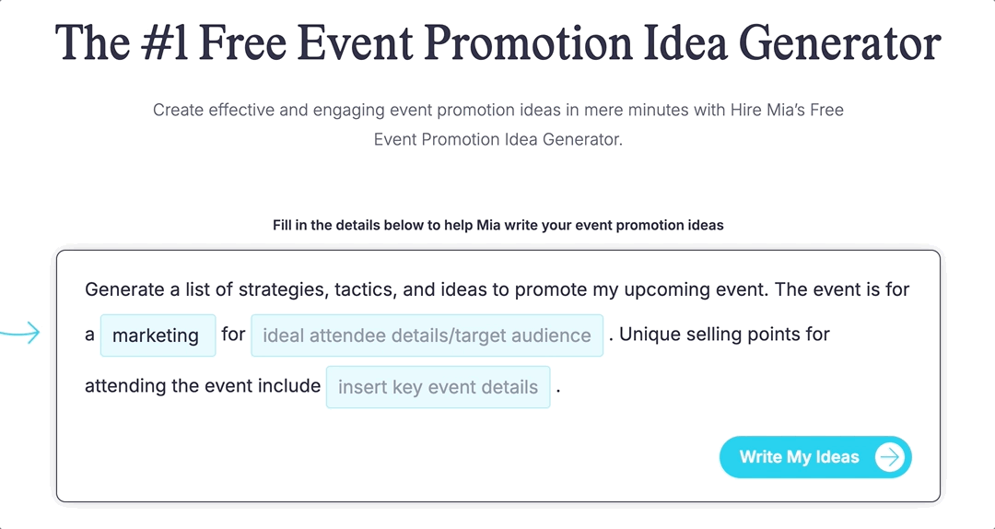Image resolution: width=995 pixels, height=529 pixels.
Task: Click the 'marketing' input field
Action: pyautogui.click(x=157, y=335)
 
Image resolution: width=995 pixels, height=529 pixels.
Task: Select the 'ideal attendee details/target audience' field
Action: pyautogui.click(x=427, y=335)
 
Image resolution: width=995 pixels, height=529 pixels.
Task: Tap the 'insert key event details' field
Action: pyautogui.click(x=438, y=387)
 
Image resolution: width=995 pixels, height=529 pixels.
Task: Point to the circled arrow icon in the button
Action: pyautogui.click(x=889, y=457)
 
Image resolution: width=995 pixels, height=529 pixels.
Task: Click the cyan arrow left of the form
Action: pyautogui.click(x=19, y=333)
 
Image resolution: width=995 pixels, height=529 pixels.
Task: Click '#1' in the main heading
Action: pyautogui.click(x=163, y=43)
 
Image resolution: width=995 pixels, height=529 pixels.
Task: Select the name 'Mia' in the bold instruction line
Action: pyautogui.click(x=488, y=226)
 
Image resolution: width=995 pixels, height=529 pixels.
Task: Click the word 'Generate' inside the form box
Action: pyautogui.click(x=125, y=289)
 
